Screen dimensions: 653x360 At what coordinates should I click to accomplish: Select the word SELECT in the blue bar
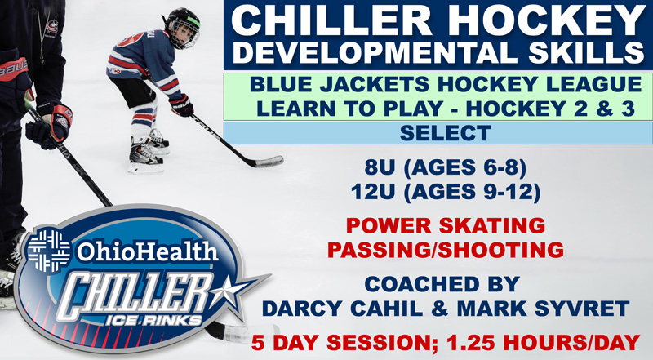446,133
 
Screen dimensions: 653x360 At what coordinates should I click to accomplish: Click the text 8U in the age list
379,167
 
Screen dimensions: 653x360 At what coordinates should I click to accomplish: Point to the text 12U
373,192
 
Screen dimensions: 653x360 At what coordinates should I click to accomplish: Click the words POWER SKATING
446,225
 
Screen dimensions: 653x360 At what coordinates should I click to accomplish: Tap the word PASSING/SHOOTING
446,250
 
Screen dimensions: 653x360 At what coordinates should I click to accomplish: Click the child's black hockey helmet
182,27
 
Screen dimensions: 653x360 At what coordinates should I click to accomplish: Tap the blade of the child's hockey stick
268,162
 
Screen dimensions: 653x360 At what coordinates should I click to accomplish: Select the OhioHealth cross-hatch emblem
49,250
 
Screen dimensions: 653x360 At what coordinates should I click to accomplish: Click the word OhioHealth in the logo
148,251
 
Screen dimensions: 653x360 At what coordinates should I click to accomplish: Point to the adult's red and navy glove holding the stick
50,125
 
